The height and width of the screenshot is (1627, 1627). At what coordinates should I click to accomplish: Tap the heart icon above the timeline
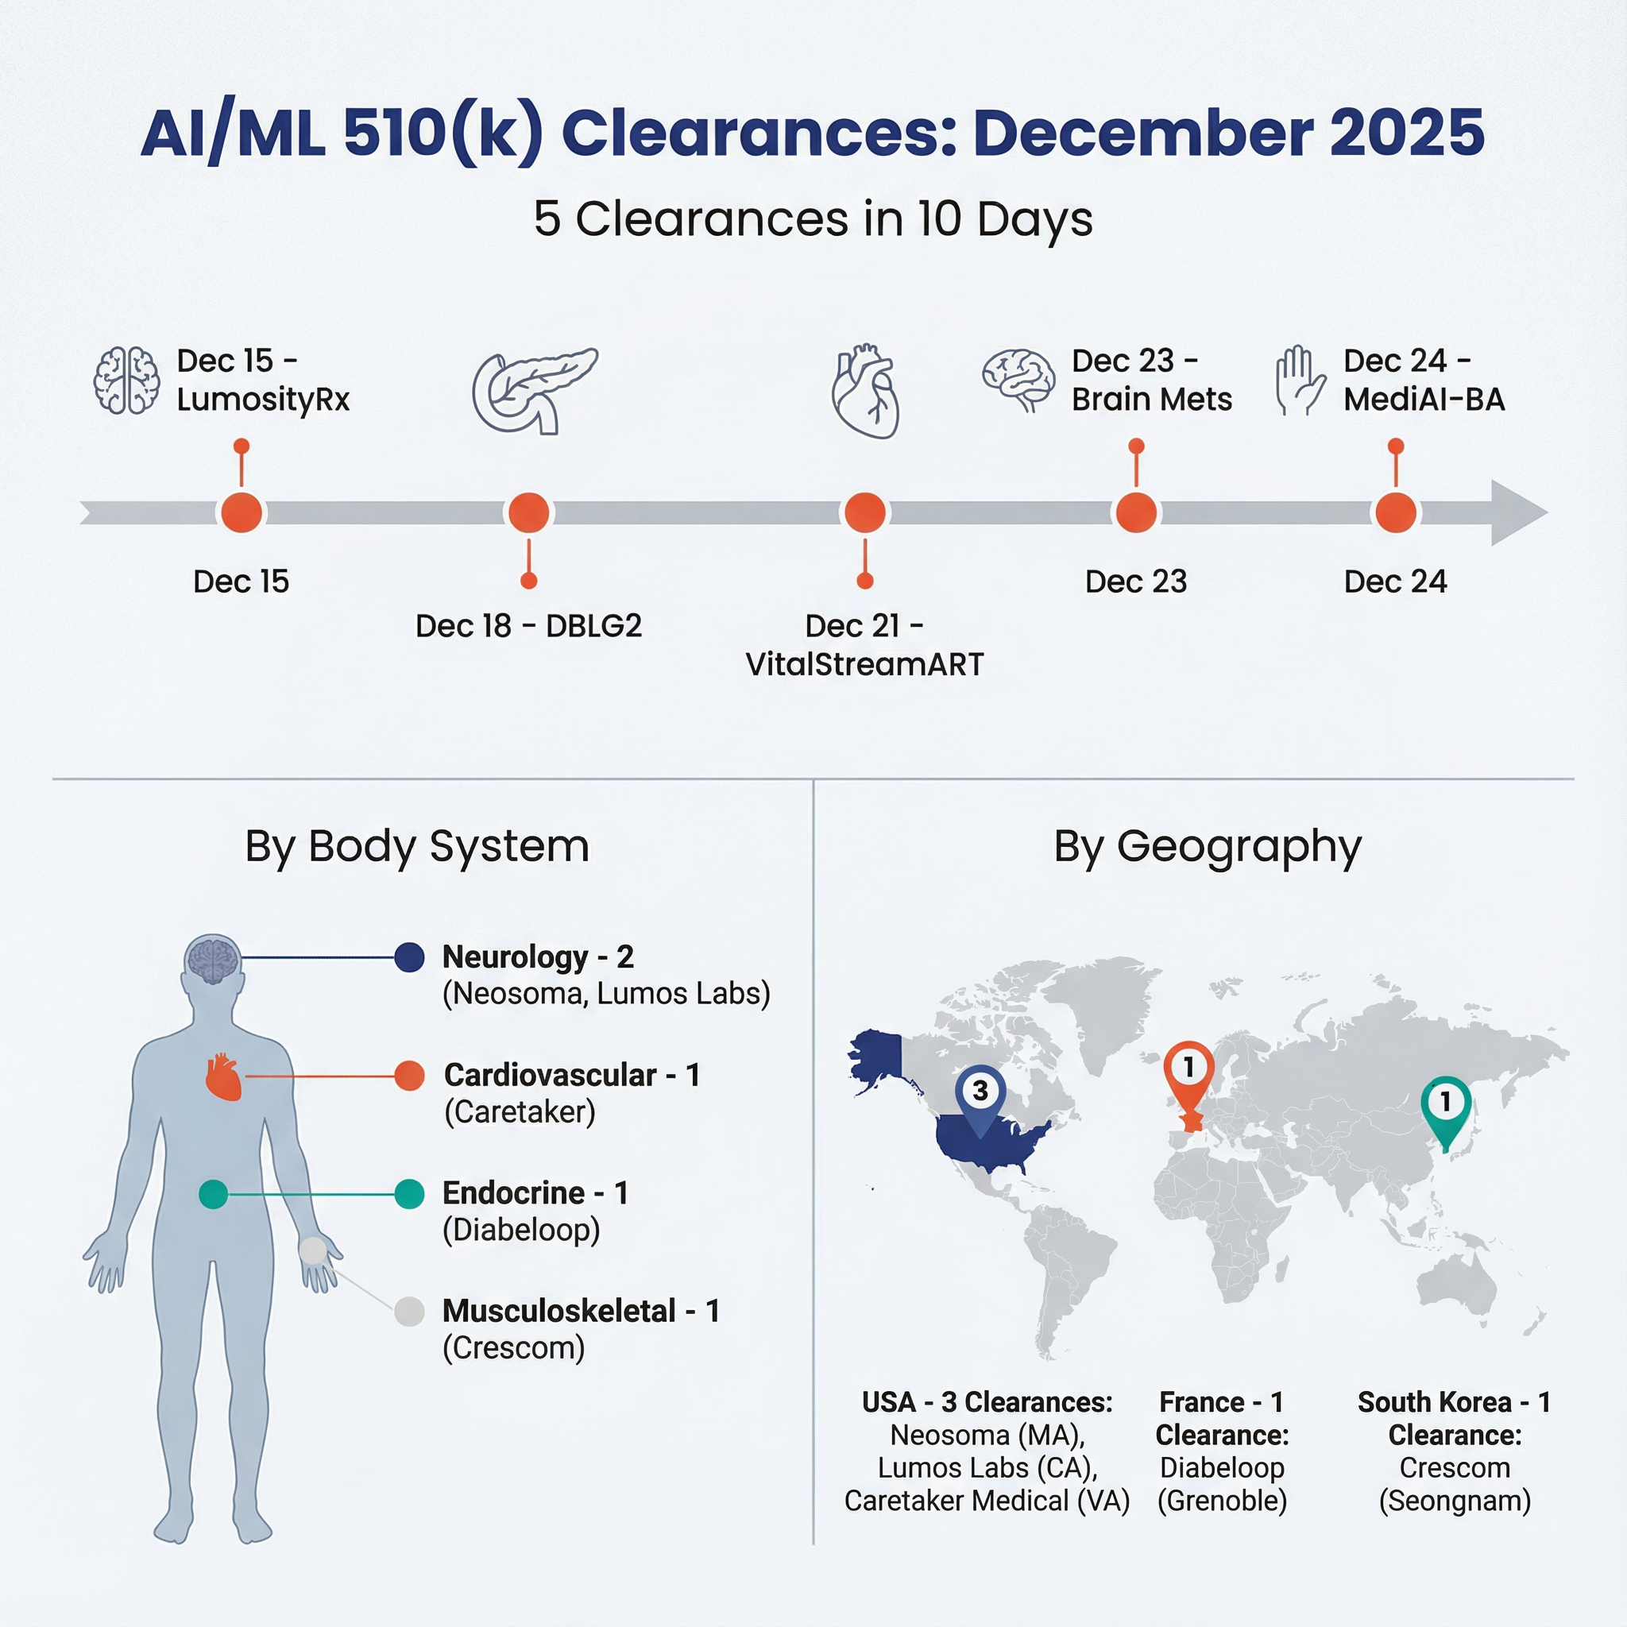coord(865,391)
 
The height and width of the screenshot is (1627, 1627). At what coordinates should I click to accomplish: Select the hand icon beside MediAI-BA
coord(1300,381)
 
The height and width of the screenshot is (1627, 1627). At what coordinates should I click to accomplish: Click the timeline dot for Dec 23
coord(1136,513)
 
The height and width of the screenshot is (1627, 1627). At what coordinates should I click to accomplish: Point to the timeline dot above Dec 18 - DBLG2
coord(529,513)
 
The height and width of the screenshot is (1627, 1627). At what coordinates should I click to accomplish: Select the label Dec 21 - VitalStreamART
coord(865,645)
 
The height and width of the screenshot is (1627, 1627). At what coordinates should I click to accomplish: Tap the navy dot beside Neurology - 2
coord(409,957)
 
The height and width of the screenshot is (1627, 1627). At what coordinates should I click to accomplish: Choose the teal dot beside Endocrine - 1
coord(409,1194)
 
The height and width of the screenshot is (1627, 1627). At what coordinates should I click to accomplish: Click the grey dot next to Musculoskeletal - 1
coord(409,1311)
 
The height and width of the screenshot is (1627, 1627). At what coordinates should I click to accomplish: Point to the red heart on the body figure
coord(224,1077)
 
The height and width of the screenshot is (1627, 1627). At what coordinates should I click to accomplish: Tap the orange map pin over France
coord(1189,1069)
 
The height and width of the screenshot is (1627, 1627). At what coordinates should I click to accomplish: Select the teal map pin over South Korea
coord(1446,1104)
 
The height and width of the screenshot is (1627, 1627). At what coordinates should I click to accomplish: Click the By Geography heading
coord(1207,846)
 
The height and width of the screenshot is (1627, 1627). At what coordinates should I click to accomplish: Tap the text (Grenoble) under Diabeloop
coord(1222,1501)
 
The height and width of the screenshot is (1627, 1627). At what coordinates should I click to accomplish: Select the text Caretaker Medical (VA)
coord(987,1501)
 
